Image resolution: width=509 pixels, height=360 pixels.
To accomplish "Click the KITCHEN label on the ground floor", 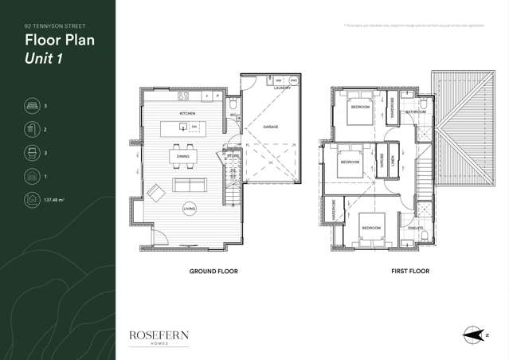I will click(187, 114).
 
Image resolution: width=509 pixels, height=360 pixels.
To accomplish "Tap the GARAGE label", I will click(270, 127).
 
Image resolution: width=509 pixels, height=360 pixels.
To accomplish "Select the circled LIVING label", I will click(189, 209).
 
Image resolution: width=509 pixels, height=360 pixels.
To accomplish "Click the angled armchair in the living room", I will click(155, 190).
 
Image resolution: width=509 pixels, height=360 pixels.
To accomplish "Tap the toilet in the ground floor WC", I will click(233, 104).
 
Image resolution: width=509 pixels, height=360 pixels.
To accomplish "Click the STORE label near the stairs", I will click(233, 157).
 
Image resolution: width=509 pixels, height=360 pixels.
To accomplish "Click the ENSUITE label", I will click(415, 228).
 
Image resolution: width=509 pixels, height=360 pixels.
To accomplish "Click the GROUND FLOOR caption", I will click(213, 271).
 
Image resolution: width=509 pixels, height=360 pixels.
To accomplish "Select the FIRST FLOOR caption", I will click(410, 271).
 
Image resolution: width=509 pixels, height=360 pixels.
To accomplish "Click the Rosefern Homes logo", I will click(159, 338).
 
